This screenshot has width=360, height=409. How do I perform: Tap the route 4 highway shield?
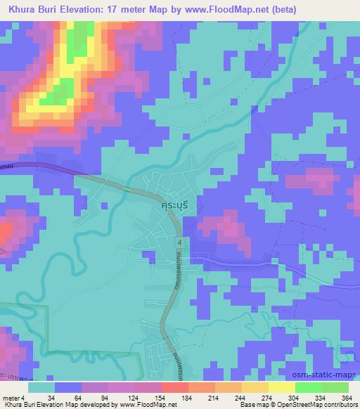pos(180,242)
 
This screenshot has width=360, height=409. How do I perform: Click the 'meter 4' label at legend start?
pos(12,397)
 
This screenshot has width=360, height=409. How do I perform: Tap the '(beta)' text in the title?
pos(281,10)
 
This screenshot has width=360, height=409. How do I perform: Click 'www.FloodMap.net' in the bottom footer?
pos(148,405)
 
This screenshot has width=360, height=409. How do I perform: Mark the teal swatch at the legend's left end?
pos(41,387)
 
